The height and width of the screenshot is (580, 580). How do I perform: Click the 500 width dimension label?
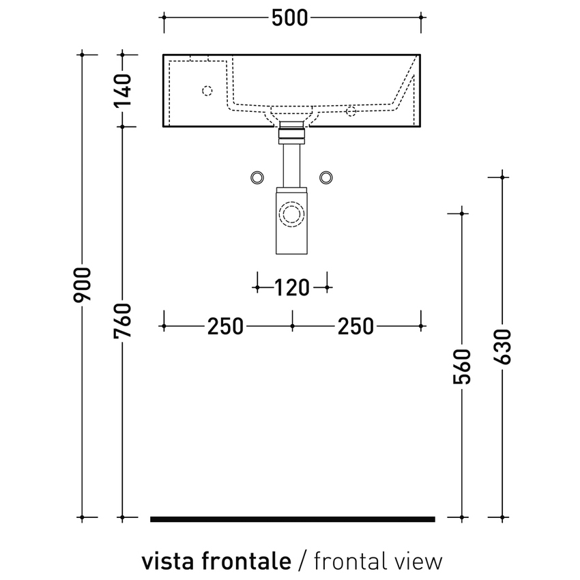pyautogui.click(x=290, y=18)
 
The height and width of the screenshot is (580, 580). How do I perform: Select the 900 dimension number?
pyautogui.click(x=82, y=285)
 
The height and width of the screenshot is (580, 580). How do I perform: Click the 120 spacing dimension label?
pyautogui.click(x=291, y=288)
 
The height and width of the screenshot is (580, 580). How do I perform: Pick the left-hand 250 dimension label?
pyautogui.click(x=225, y=327)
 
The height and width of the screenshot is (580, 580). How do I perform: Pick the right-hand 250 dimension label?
pyautogui.click(x=355, y=327)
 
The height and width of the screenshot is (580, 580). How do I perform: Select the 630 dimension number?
pyautogui.click(x=502, y=347)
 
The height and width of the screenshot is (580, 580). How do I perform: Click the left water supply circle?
pyautogui.click(x=257, y=177)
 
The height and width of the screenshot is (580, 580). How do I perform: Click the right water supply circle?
pyautogui.click(x=326, y=177)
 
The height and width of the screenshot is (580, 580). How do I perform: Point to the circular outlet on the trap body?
pyautogui.click(x=292, y=214)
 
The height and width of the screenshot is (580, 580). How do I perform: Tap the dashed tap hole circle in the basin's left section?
pyautogui.click(x=207, y=90)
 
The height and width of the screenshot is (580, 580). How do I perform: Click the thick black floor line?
pyautogui.click(x=292, y=519)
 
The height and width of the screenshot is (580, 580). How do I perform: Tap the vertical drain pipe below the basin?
pyautogui.click(x=291, y=164)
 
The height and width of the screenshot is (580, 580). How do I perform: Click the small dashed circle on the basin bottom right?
pyautogui.click(x=351, y=111)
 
